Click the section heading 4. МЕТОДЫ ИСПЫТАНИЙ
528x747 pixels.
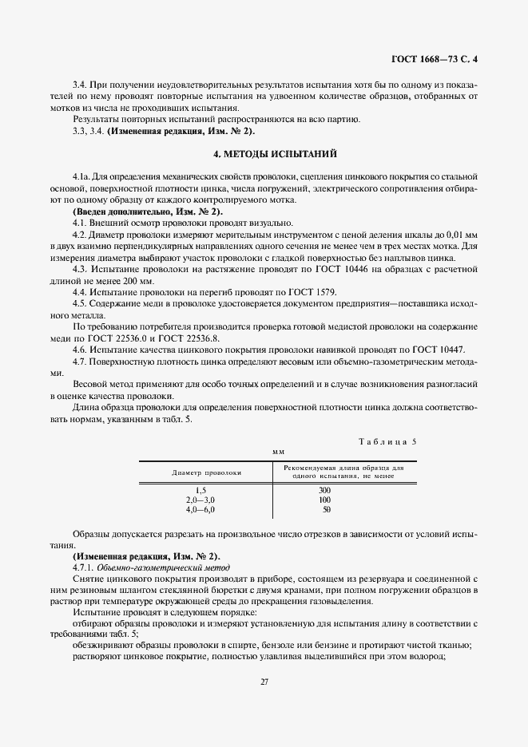pos(264,152)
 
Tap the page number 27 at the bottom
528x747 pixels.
pos(264,681)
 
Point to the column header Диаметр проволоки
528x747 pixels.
pos(206,472)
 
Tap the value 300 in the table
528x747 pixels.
pos(324,490)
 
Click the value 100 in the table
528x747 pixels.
pos(324,499)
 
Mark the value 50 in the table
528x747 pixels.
pos(326,508)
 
